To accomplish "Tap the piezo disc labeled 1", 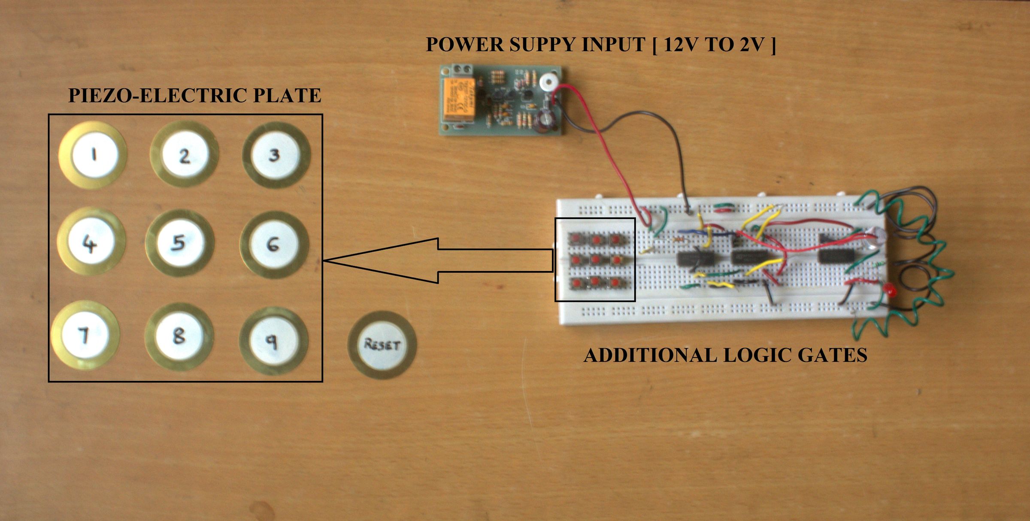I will tap(94, 155).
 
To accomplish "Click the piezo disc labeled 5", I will tap(179, 243).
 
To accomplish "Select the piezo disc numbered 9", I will tap(273, 341).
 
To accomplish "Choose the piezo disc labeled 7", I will tap(85, 334).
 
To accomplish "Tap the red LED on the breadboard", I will tap(891, 292).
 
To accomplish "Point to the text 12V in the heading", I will tap(682, 45).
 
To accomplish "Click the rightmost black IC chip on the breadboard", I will tap(836, 256).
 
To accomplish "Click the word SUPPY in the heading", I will tap(542, 45).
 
